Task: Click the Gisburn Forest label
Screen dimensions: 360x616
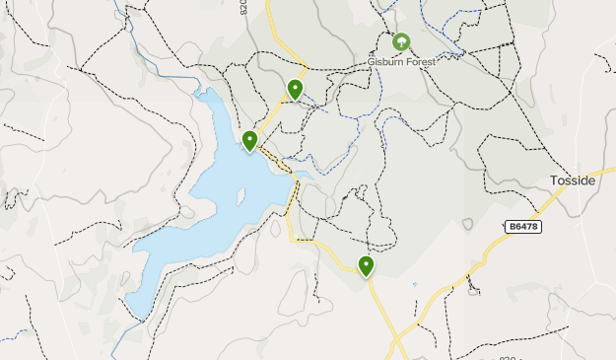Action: (x=401, y=60)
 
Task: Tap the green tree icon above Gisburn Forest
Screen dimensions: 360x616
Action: (x=401, y=42)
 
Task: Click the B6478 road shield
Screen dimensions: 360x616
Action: (x=523, y=227)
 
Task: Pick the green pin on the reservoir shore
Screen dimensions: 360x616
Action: (x=250, y=141)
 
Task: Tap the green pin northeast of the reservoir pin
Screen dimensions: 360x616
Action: (x=295, y=90)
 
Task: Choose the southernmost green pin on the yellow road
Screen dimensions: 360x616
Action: (x=367, y=265)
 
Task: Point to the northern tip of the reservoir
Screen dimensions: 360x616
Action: (x=206, y=91)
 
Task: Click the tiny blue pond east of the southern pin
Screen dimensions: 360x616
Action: (x=414, y=285)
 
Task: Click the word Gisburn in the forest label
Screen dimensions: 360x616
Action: (x=384, y=60)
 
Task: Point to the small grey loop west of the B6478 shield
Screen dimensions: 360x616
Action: (x=467, y=225)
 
